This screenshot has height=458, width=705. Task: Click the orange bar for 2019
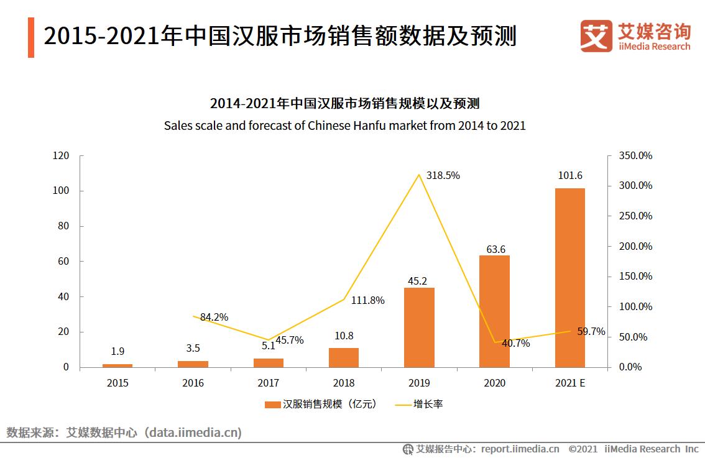[419, 327]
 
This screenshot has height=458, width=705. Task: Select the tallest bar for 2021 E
[570, 277]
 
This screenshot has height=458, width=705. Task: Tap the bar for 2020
[494, 311]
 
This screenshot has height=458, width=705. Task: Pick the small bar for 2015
[118, 365]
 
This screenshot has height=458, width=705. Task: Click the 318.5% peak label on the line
[444, 176]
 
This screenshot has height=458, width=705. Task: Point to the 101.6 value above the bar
[570, 176]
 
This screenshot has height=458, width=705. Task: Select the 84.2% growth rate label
[214, 317]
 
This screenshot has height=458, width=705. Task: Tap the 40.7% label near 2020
[515, 343]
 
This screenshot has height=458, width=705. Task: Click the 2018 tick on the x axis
[344, 383]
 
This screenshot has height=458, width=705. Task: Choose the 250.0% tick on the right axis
[634, 216]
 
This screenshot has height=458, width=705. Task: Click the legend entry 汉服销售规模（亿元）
[321, 404]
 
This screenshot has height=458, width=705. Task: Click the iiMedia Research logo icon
[596, 36]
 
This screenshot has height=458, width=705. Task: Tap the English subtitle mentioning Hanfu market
[344, 126]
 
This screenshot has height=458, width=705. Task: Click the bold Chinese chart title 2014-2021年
[344, 103]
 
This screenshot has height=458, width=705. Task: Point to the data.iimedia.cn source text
[193, 432]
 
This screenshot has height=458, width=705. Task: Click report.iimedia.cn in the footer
[520, 449]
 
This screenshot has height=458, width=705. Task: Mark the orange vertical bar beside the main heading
[30, 37]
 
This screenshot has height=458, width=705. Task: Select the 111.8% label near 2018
[367, 301]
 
